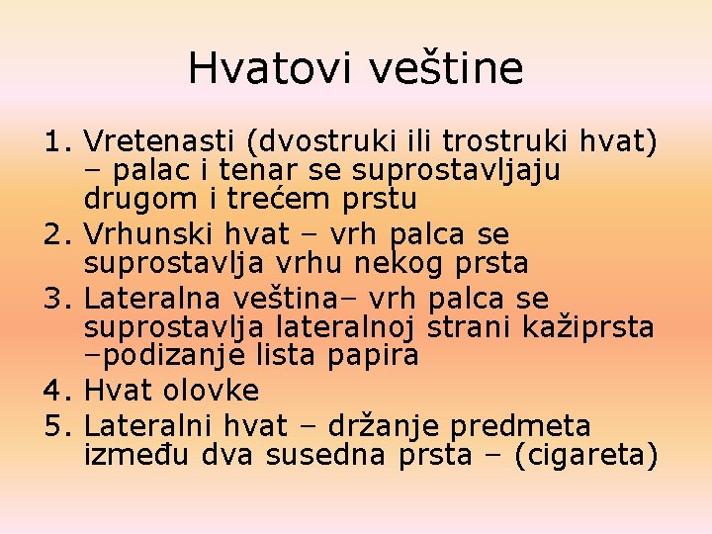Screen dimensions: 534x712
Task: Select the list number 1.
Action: tap(58, 142)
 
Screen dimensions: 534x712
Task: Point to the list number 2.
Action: tap(58, 235)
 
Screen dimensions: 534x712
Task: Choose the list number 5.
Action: tap(58, 426)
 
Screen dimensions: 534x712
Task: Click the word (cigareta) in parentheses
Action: tap(586, 455)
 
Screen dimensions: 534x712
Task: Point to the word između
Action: tap(139, 455)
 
